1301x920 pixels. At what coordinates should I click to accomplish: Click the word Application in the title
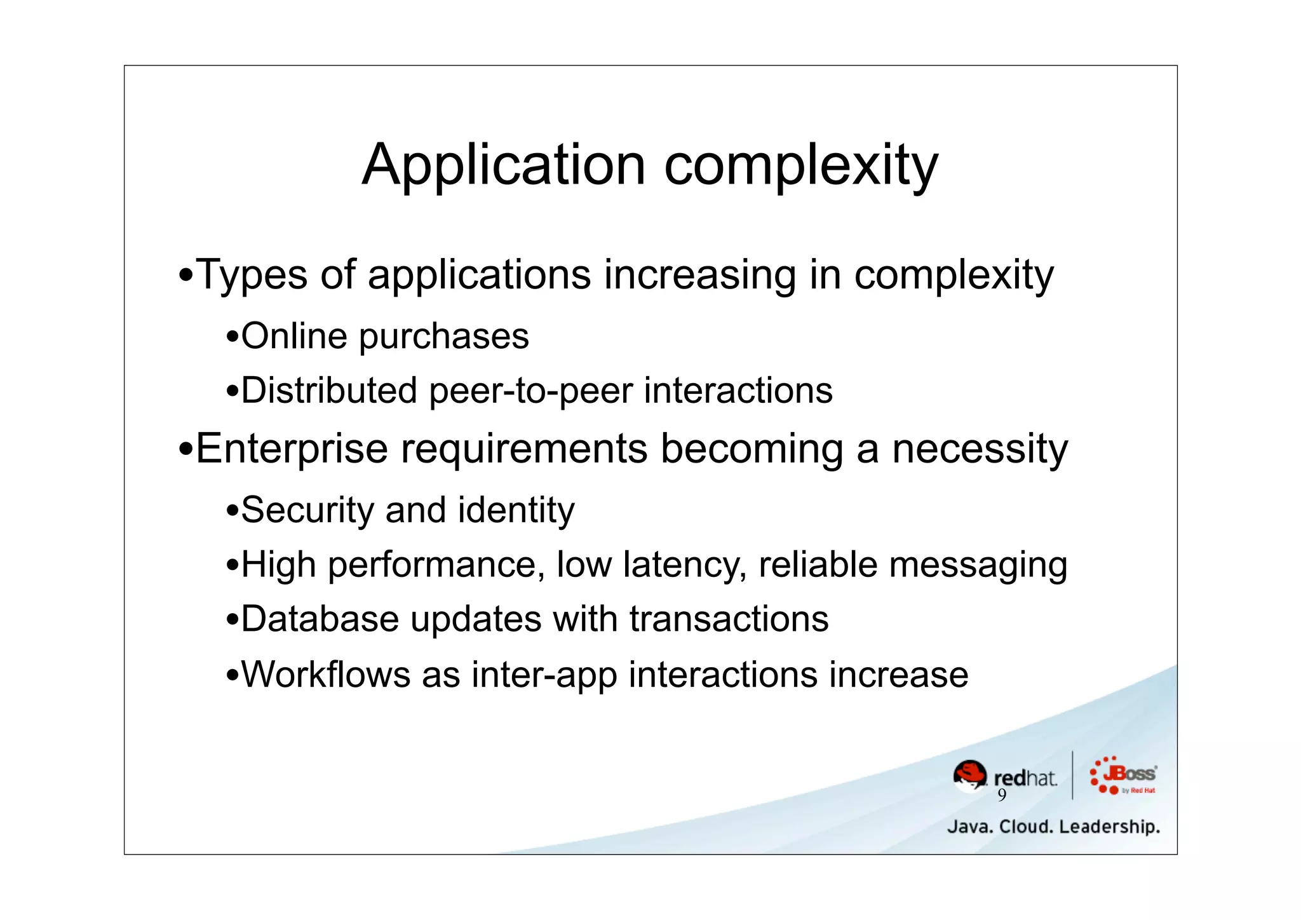tap(504, 165)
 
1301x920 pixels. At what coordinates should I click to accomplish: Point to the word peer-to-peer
tap(530, 391)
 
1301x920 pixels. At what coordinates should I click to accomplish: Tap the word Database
tap(320, 619)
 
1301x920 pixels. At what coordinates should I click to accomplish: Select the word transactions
tap(729, 619)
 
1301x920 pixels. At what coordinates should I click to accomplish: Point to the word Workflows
tap(325, 674)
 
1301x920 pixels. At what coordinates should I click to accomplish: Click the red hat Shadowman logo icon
tap(969, 776)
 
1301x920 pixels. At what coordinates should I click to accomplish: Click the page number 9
tap(1002, 795)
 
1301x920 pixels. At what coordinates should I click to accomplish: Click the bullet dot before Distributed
tap(233, 391)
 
